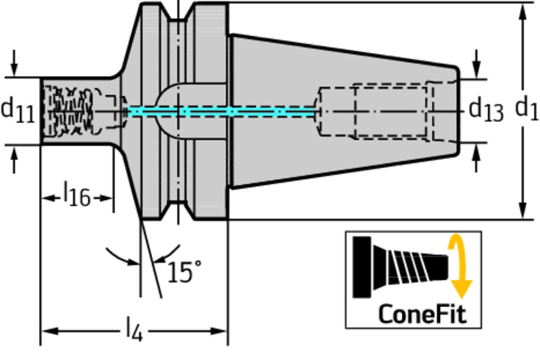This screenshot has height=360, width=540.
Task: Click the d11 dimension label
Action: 18,111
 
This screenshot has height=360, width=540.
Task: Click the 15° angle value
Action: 184,272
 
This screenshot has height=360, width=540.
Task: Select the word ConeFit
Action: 422,314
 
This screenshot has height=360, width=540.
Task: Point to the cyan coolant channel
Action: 221,112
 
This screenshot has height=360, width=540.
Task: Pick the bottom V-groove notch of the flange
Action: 178,210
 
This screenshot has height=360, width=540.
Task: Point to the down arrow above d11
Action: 14,68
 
